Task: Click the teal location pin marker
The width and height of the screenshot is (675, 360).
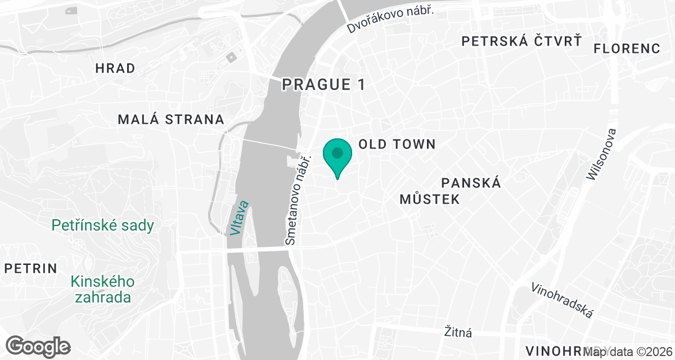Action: (337, 156)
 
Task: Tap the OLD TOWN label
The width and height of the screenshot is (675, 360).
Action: (397, 145)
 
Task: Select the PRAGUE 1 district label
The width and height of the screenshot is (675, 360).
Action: (323, 84)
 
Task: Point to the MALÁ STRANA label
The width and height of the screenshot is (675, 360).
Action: (171, 119)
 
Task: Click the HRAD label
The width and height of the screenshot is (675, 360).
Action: (115, 69)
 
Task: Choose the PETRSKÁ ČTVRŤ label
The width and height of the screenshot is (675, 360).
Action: (521, 40)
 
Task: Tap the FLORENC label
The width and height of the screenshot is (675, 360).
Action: (627, 48)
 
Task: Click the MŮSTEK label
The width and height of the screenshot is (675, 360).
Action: (430, 199)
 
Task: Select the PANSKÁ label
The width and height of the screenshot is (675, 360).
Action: (471, 183)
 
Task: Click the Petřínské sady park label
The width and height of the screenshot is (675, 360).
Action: (103, 226)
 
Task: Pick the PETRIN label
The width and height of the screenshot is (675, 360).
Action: (31, 268)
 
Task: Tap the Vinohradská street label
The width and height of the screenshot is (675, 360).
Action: (562, 300)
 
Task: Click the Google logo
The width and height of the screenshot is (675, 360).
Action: (38, 346)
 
